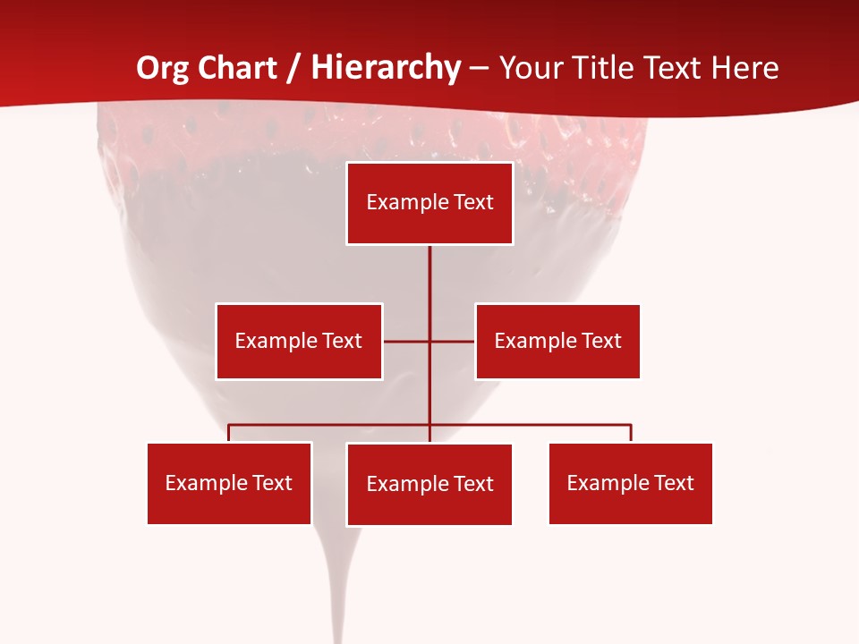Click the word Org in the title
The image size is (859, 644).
163,68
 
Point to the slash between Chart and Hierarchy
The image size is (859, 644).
294,68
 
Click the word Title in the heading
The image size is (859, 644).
607,68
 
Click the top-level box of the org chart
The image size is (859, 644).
429,203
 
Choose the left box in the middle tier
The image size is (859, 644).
299,341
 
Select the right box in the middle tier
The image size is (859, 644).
557,341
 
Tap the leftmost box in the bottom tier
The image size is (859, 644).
229,483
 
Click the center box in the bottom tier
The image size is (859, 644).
429,484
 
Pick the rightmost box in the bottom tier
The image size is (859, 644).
631,483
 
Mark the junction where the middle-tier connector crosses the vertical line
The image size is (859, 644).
429,341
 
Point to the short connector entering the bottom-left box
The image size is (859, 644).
229,433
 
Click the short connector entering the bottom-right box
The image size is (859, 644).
631,433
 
